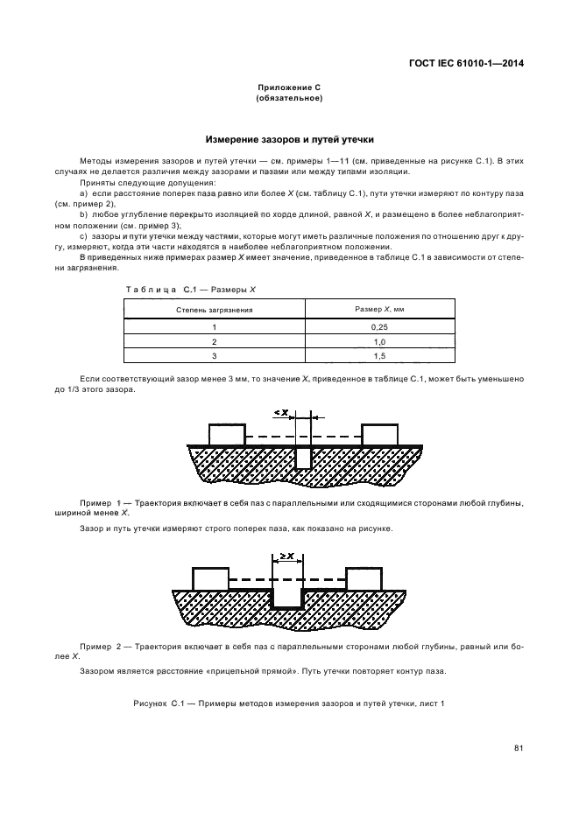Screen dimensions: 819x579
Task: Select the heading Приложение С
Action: pos(289,88)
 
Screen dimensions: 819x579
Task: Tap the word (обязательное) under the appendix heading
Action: pos(289,99)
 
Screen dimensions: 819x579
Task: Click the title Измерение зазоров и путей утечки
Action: pos(289,139)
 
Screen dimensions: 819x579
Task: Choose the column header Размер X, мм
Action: pos(375,309)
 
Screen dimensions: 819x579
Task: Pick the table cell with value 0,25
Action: pos(375,325)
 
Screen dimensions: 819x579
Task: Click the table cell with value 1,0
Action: pos(375,340)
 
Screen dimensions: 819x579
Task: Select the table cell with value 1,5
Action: pos(375,355)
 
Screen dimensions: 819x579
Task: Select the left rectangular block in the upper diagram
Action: pos(226,434)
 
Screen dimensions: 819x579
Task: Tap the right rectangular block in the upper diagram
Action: pos(380,434)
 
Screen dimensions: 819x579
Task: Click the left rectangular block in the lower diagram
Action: pos(210,578)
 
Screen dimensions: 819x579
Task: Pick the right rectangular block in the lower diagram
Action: pos(364,578)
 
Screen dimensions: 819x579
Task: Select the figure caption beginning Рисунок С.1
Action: pos(289,703)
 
